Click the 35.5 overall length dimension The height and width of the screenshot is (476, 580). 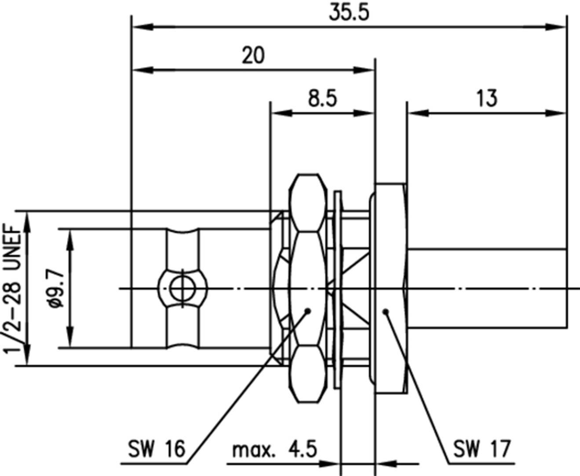349,13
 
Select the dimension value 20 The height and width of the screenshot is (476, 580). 253,56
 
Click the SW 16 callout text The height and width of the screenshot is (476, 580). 157,449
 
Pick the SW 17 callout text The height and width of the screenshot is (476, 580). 482,449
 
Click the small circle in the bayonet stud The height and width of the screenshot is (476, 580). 181,289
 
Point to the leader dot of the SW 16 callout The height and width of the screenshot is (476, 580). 308,311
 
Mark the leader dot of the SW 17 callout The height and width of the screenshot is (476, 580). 386,311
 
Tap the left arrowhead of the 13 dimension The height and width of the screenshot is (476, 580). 417,114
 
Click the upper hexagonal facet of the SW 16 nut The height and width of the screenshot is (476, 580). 308,202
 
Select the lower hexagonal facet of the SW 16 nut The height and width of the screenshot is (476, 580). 308,374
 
